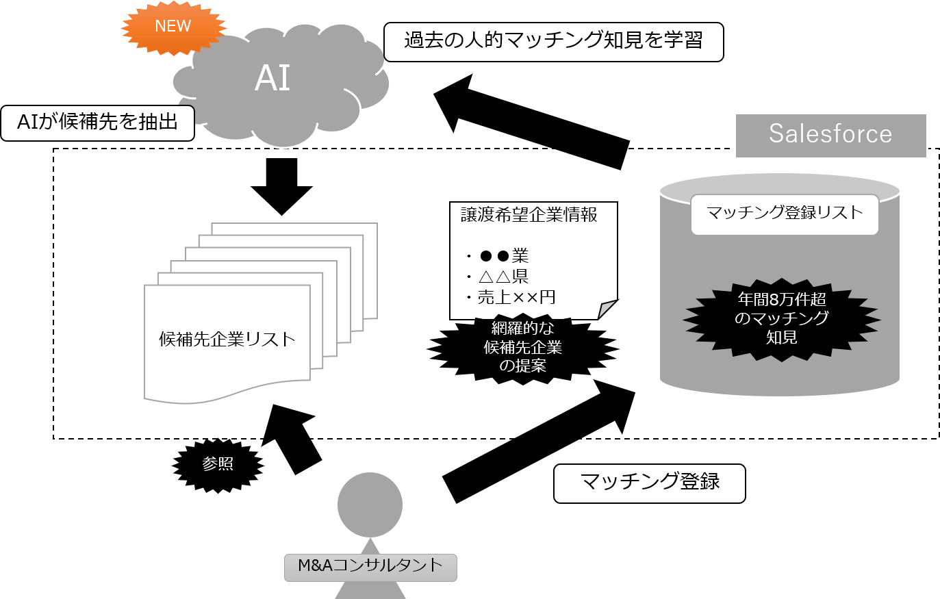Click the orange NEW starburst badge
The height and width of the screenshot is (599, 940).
[173, 27]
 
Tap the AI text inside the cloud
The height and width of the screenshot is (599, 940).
[272, 78]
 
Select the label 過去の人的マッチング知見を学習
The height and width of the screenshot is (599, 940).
[553, 41]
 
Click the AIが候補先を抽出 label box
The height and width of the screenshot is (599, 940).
[97, 123]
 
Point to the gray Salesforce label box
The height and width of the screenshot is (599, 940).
[830, 134]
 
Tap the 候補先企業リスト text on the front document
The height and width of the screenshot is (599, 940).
[227, 339]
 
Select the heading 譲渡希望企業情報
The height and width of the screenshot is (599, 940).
[529, 215]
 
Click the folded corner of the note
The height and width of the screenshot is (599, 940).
[608, 309]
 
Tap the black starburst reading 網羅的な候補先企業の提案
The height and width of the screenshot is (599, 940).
[523, 347]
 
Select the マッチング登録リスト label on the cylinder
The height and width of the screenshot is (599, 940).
[785, 213]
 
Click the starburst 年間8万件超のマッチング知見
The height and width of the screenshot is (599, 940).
[781, 318]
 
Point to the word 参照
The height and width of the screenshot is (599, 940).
[218, 464]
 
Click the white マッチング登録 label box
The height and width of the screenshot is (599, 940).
[649, 483]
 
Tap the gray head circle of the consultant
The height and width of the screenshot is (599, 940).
[370, 505]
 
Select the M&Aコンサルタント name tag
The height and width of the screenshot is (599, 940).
[370, 567]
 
